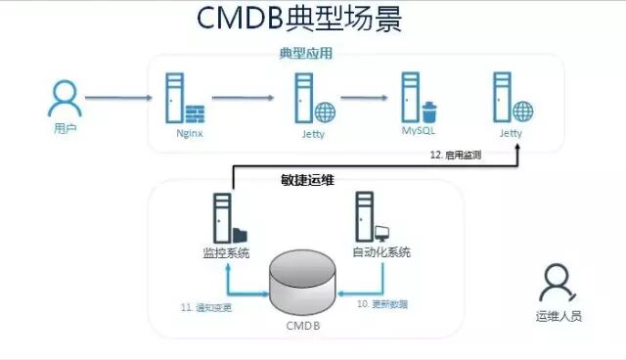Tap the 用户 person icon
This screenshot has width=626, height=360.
64,98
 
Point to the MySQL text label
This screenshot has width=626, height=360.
418,129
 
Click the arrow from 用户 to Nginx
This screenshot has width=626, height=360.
118,98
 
